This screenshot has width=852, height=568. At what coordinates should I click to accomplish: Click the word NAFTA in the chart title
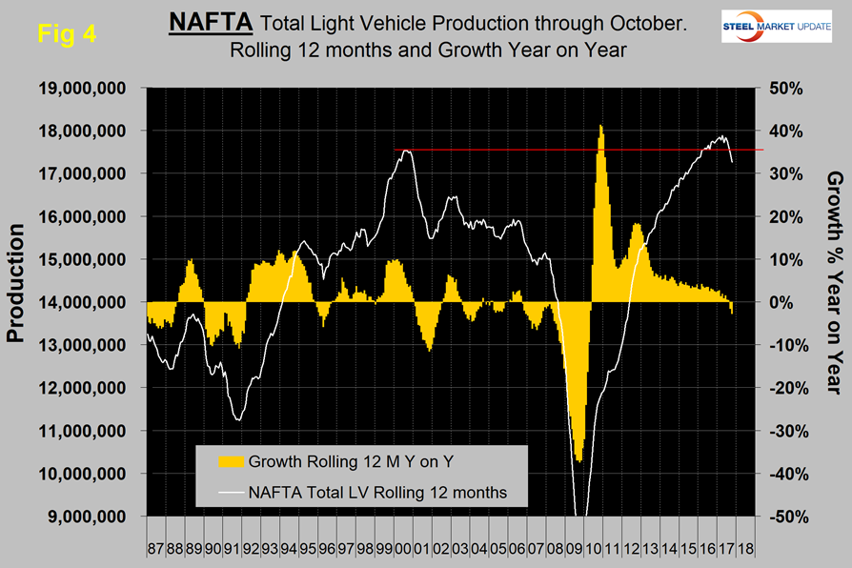pos(210,20)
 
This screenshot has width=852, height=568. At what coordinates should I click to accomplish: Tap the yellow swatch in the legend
pos(230,463)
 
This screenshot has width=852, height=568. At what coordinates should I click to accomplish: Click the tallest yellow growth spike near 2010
pos(600,129)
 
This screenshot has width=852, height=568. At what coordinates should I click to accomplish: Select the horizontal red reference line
pos(572,150)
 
